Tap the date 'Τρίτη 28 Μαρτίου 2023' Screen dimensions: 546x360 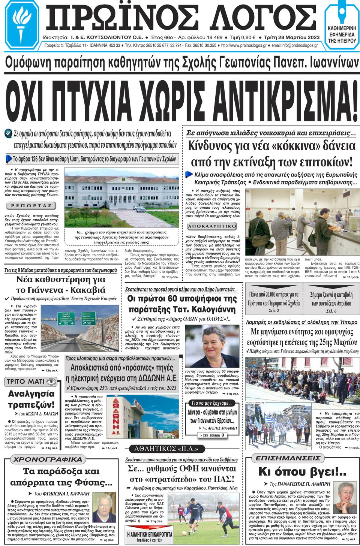point(291,37)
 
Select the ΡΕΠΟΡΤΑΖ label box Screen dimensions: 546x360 point(31,206)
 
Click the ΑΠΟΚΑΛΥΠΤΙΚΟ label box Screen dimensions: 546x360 point(212,226)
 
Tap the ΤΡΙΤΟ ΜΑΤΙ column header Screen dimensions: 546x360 point(25,381)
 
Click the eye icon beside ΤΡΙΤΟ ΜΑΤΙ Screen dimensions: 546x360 point(51,381)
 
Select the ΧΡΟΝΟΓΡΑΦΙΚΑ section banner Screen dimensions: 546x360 point(48,459)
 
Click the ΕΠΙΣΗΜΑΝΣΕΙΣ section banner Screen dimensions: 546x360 point(288,458)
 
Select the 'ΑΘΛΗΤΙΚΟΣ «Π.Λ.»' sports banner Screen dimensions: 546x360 point(166,449)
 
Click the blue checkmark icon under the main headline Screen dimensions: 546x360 point(9,133)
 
